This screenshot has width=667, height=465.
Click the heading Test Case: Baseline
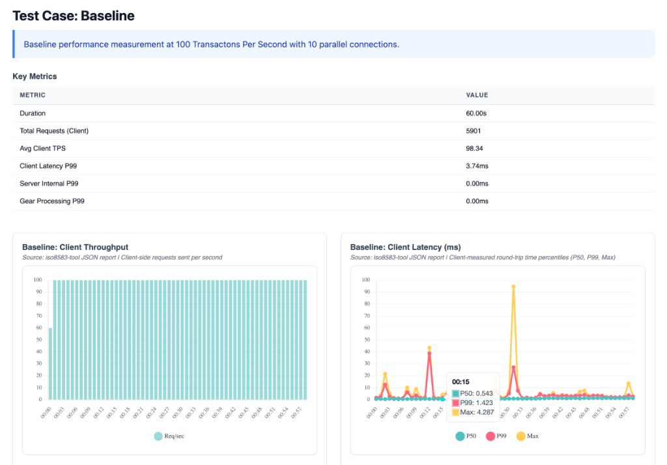[x=74, y=16]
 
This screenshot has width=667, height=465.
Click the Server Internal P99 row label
[x=49, y=184]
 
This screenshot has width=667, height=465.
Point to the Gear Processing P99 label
[x=51, y=201]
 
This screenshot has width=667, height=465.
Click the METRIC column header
[x=33, y=95]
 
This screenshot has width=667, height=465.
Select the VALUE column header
[x=477, y=95]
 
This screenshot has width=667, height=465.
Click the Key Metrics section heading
[x=35, y=76]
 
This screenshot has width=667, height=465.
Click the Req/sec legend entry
[x=169, y=436]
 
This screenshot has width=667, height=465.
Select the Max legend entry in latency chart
[x=528, y=436]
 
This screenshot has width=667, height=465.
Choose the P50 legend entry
[x=466, y=436]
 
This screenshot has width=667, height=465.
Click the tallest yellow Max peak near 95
[x=513, y=287]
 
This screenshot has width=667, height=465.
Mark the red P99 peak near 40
[x=429, y=353]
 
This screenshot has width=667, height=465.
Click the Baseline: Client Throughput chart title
[x=75, y=247]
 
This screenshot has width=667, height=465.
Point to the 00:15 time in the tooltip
[x=461, y=382]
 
